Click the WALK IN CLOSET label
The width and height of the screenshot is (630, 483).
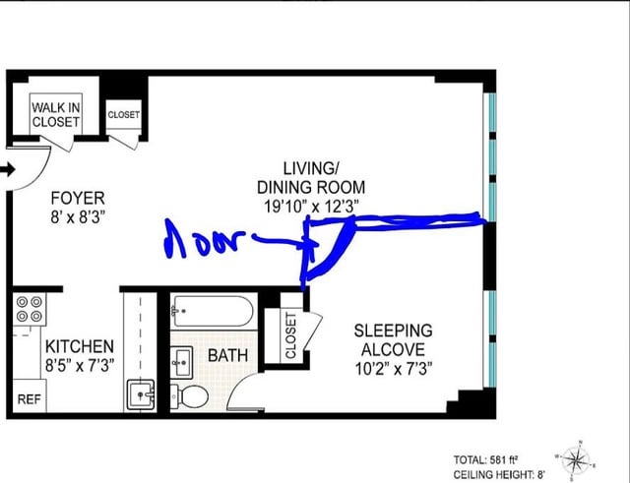click(56, 115)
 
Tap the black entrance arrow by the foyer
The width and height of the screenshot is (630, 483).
click(8, 169)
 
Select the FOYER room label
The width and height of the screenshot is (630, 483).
click(78, 199)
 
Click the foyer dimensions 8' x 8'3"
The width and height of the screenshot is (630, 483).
click(78, 218)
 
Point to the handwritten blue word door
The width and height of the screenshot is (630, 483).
click(205, 239)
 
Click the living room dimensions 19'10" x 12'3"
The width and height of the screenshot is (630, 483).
click(311, 207)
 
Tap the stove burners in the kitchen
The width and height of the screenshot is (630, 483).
click(30, 309)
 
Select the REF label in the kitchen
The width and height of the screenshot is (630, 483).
click(30, 399)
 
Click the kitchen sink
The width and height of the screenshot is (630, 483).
click(141, 394)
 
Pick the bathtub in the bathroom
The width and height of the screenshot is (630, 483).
click(214, 312)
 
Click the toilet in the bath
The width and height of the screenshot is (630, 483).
click(190, 397)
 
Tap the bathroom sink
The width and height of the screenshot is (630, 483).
click(181, 363)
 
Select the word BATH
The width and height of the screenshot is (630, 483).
click(227, 356)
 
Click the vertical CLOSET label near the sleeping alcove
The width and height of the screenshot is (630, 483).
click(290, 335)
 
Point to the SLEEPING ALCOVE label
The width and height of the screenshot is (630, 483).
click(393, 339)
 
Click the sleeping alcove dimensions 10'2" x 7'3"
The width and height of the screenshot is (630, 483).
click(393, 369)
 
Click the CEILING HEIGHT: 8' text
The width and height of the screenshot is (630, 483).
click(499, 475)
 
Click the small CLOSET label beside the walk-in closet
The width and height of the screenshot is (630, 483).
click(124, 114)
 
